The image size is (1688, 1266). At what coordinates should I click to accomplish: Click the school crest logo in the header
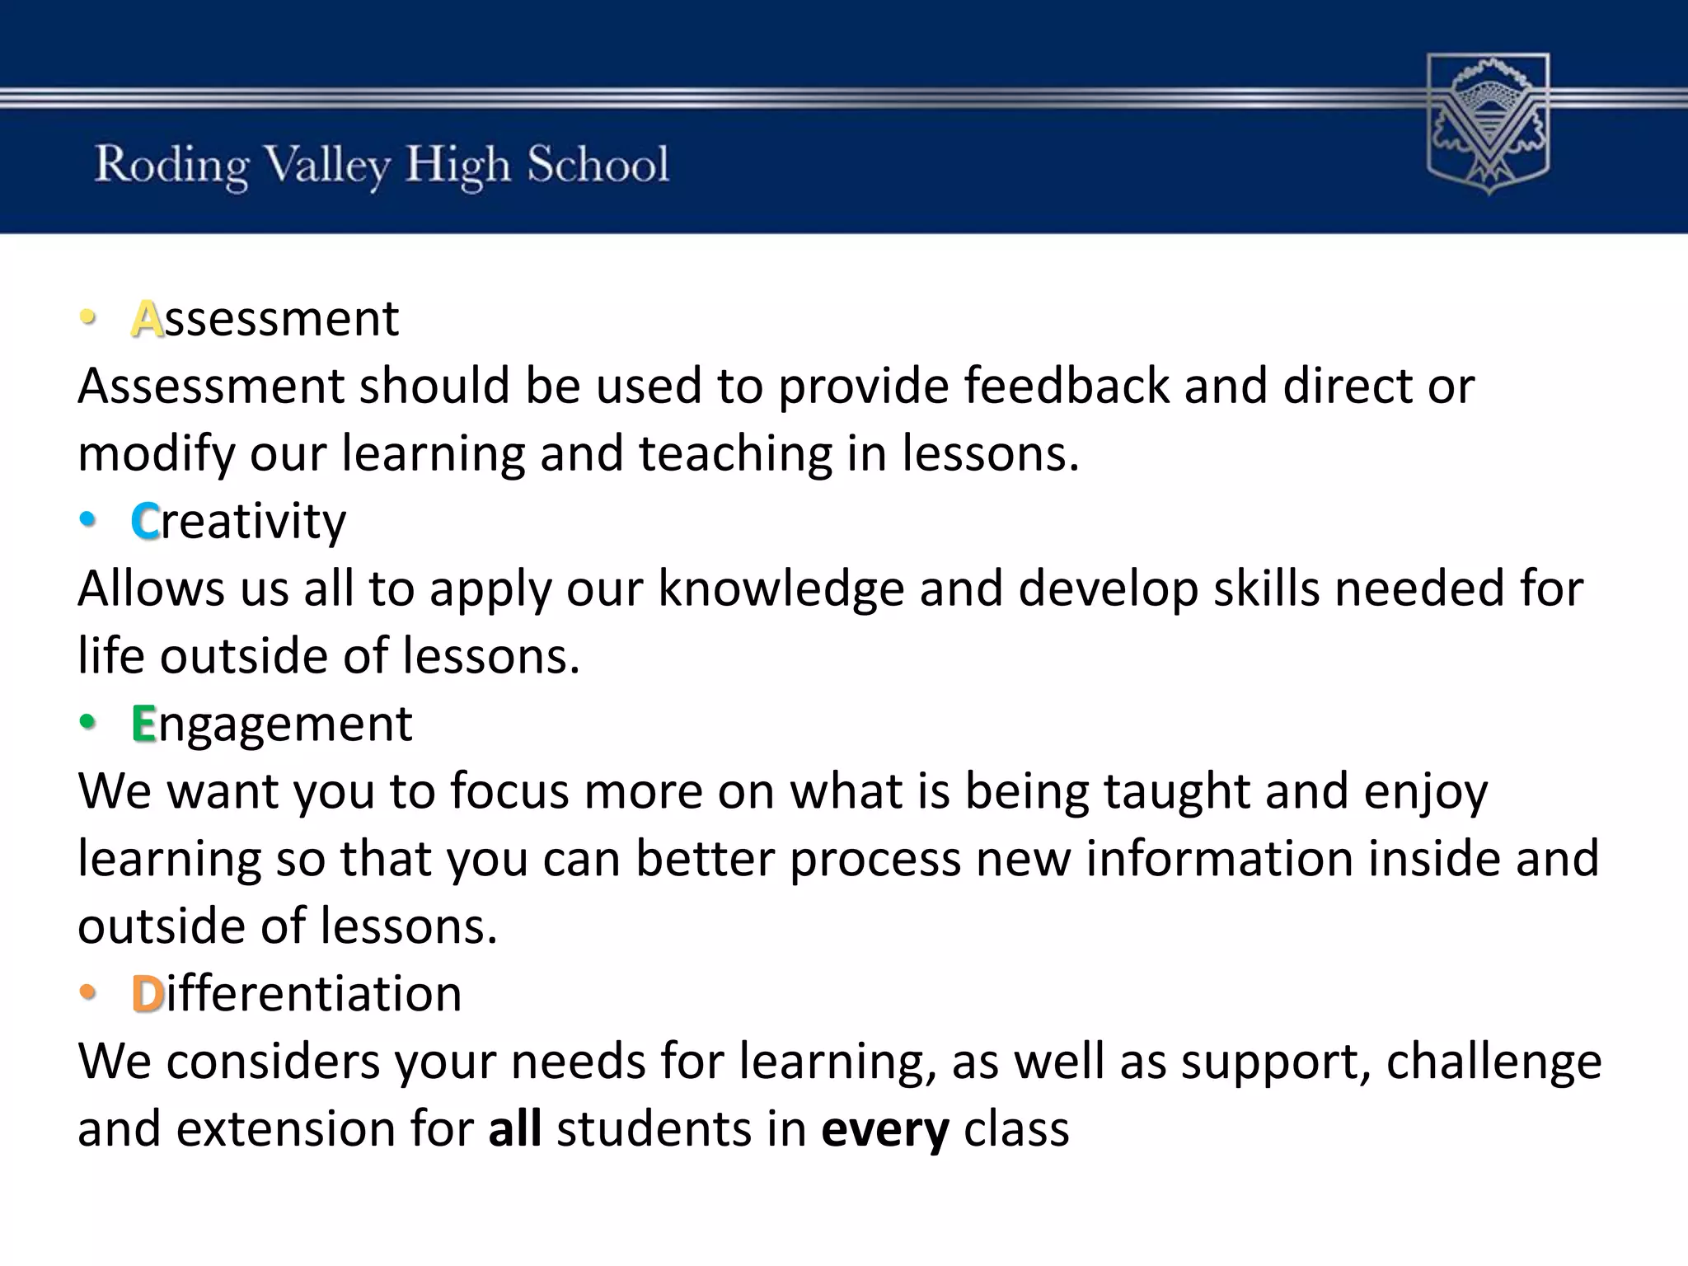(1488, 124)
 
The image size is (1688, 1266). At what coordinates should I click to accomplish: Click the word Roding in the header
(171, 165)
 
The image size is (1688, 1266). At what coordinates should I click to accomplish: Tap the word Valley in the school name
(327, 165)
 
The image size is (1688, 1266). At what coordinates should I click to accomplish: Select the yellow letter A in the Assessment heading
(147, 319)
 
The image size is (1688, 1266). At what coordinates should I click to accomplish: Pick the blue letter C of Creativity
(145, 522)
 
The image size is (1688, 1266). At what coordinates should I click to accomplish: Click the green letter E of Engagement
(143, 724)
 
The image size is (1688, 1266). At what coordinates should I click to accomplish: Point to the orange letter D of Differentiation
(148, 994)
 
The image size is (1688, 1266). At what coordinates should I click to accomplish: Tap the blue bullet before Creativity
(87, 520)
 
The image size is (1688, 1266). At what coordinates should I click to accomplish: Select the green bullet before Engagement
(87, 723)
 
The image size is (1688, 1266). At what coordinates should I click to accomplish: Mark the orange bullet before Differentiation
(87, 992)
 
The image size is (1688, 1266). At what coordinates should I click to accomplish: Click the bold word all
(514, 1129)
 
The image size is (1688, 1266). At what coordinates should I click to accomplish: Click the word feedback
(1067, 386)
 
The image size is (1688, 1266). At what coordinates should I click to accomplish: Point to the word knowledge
(781, 590)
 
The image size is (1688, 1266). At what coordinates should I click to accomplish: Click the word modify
(156, 455)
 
